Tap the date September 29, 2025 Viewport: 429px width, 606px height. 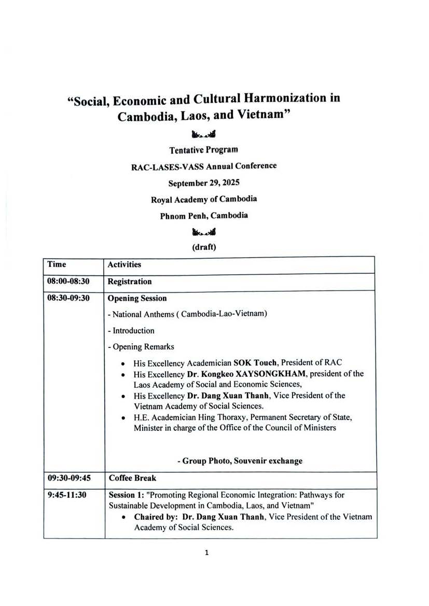click(204, 183)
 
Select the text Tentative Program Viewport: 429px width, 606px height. click(204, 150)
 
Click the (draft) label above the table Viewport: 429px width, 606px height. click(204, 247)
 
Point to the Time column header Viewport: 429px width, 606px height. click(57, 264)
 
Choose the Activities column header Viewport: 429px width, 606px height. click(124, 265)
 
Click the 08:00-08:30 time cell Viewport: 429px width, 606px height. click(67, 281)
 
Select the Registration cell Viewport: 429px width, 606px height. click(130, 282)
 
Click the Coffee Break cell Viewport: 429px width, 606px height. click(132, 478)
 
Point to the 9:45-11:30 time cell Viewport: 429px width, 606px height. click(67, 495)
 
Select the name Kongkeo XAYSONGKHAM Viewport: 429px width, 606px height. click(252, 374)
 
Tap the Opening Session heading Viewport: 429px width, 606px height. click(137, 299)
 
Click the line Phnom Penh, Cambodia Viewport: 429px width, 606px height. click(204, 215)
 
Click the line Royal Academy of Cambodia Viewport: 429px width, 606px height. click(204, 199)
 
